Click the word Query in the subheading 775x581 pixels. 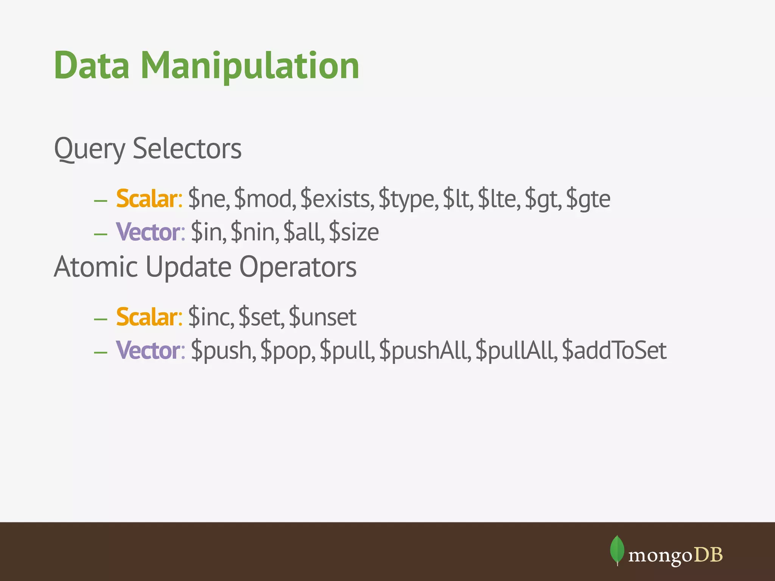(89, 149)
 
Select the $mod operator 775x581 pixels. (265, 199)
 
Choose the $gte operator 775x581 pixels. (588, 199)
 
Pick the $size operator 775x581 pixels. (354, 232)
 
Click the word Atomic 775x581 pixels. (96, 267)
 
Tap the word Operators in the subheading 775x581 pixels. (298, 267)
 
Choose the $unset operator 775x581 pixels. (322, 317)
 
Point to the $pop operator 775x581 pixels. (288, 351)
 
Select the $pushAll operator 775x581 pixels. (425, 351)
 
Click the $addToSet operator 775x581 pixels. (614, 351)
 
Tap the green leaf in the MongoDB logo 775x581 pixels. (617, 550)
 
